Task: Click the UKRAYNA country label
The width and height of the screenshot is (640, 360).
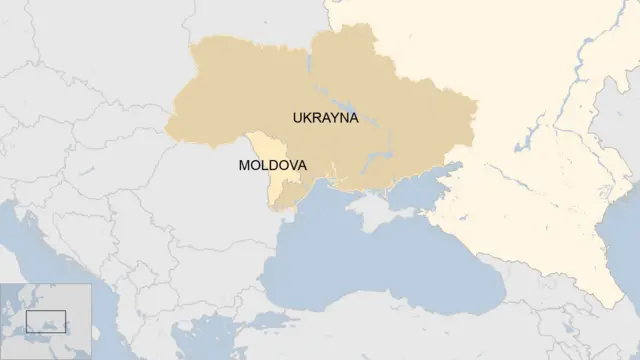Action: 325,117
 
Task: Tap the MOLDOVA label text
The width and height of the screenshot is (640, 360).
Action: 272,165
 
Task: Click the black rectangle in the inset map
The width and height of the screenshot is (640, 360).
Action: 46,322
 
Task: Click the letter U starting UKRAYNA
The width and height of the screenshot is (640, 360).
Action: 298,117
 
